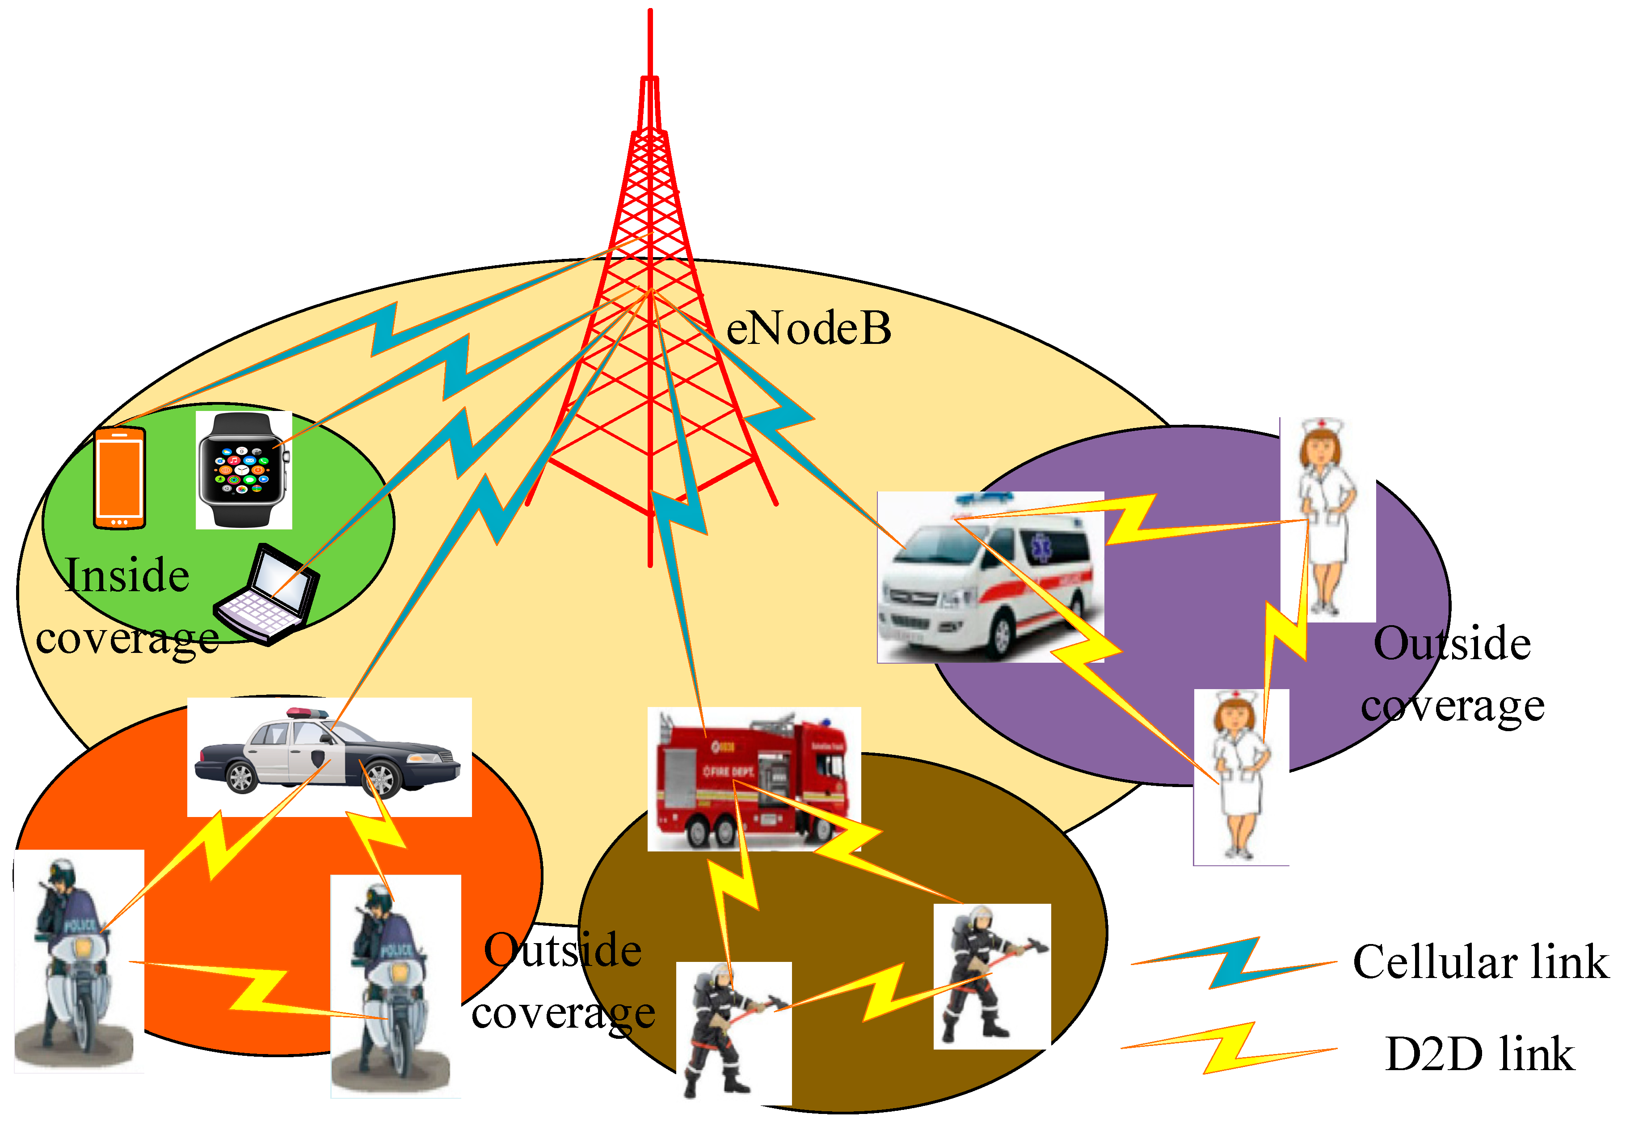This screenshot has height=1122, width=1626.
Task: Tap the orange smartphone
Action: tap(119, 478)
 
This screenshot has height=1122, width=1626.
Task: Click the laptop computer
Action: tap(267, 594)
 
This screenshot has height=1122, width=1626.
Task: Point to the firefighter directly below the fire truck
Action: tap(731, 1030)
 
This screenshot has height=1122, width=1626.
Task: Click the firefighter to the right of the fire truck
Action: tap(991, 974)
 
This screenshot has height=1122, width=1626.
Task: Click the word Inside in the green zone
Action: tap(126, 575)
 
